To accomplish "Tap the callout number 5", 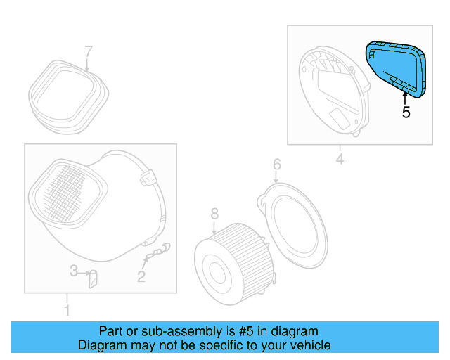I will [406, 112].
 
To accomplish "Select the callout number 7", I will [89, 51].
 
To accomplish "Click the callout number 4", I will [340, 160].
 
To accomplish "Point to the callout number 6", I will [276, 165].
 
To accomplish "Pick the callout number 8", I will [214, 213].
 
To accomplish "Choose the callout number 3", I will [73, 271].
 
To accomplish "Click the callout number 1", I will [67, 310].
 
